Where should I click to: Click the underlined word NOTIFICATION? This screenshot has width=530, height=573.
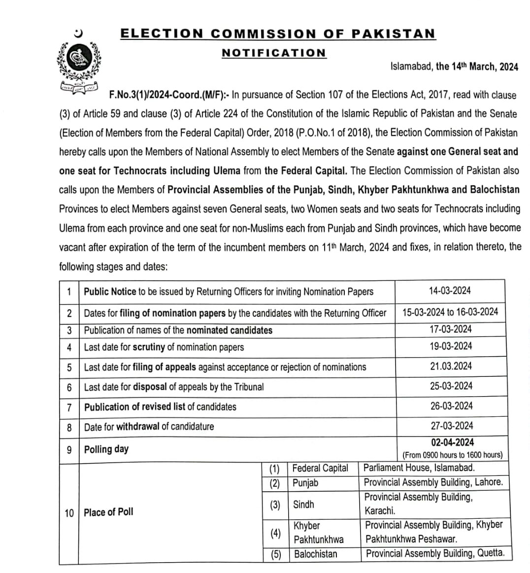coord(274,53)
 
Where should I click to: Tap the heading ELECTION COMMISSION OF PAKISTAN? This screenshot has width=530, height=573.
coord(278,34)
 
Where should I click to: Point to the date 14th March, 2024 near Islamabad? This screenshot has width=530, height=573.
coord(477,67)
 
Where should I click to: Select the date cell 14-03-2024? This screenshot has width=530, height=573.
coord(450,291)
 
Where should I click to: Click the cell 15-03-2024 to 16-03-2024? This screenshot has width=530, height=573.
coord(450,312)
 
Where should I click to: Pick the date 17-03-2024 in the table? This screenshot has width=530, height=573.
coord(450,329)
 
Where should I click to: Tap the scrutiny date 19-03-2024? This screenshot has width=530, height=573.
coord(450,346)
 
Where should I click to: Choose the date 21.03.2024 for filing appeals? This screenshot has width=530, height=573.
coord(450,366)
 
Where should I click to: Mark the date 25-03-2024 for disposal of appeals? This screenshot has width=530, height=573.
coord(450,386)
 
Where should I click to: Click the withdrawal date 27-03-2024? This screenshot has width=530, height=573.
coord(450,426)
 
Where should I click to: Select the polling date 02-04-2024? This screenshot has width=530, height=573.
coord(452,442)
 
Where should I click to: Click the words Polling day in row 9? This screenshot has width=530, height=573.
coord(106,449)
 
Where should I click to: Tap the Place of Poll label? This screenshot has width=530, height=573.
coord(108,512)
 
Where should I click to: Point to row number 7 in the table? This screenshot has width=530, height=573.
coord(69,407)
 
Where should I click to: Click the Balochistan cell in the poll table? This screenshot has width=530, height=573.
coord(316,554)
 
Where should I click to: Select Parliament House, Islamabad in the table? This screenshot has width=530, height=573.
coord(419,468)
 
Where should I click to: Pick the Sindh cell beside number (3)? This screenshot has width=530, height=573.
coord(303,505)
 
